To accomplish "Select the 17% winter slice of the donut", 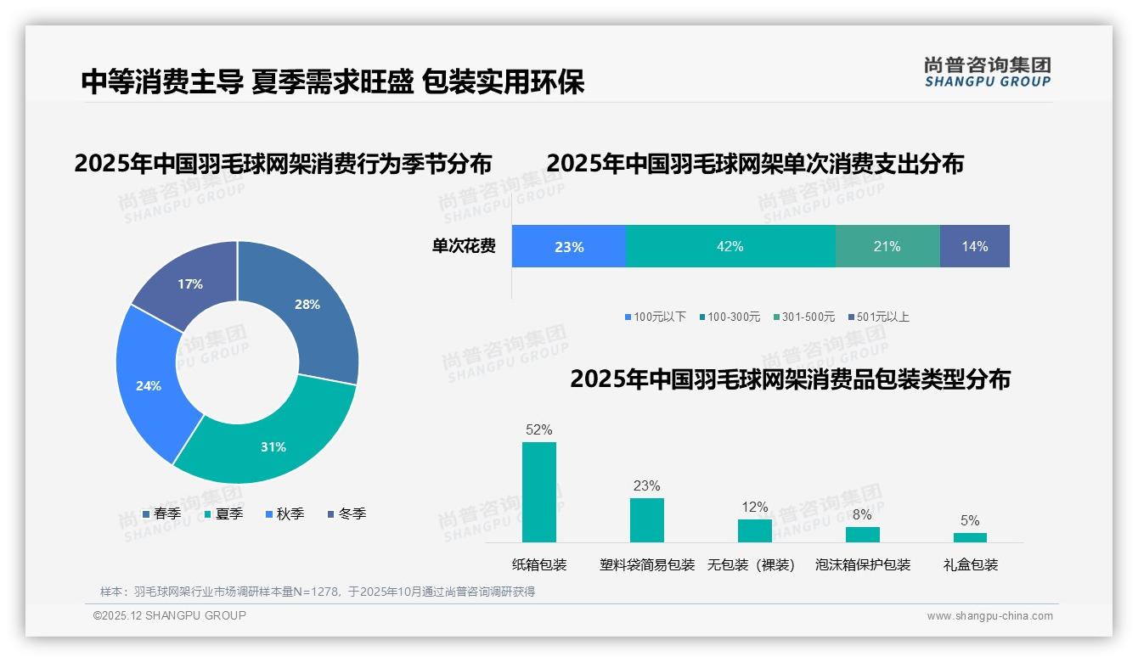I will (191, 280).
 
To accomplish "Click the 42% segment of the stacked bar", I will (730, 246).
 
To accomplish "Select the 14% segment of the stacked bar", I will (974, 246).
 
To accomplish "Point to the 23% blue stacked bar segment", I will (568, 246).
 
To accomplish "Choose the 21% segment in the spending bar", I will (887, 246).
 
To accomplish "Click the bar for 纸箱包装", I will (539, 492).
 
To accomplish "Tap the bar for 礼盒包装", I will (970, 537).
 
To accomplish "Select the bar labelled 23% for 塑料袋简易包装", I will (646, 519).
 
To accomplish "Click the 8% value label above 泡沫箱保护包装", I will (862, 514).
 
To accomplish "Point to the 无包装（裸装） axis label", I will (752, 565).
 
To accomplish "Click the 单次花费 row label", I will (464, 247).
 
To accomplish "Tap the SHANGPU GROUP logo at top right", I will (987, 72).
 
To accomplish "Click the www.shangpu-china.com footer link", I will (989, 616).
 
